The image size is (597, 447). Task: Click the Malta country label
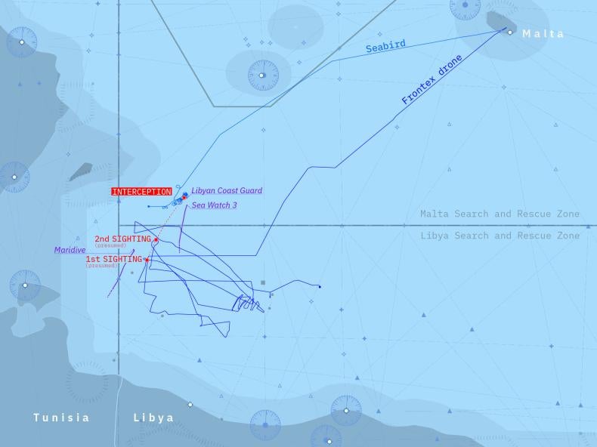[x=543, y=34]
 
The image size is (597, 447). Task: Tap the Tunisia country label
[x=61, y=418]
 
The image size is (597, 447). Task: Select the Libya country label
[x=153, y=418]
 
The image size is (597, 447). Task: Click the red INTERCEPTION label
[x=141, y=192]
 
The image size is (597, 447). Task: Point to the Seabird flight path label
[x=385, y=46]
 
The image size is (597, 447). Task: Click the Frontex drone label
[x=432, y=80]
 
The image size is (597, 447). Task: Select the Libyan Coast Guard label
[x=227, y=191]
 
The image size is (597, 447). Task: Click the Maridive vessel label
[x=70, y=250]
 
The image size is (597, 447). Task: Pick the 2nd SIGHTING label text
[x=122, y=239]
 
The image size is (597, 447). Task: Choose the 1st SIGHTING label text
[x=113, y=259]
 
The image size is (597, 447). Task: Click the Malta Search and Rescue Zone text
[x=500, y=214]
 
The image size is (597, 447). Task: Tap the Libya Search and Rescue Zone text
[x=500, y=236]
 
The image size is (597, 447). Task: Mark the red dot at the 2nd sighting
[x=156, y=240]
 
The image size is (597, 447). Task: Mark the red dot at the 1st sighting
[x=147, y=260]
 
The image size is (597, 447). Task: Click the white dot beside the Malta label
[x=510, y=32]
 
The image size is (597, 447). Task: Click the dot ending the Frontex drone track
[x=320, y=287]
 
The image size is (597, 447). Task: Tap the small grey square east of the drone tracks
[x=263, y=282]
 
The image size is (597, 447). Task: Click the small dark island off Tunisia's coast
[x=81, y=172]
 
